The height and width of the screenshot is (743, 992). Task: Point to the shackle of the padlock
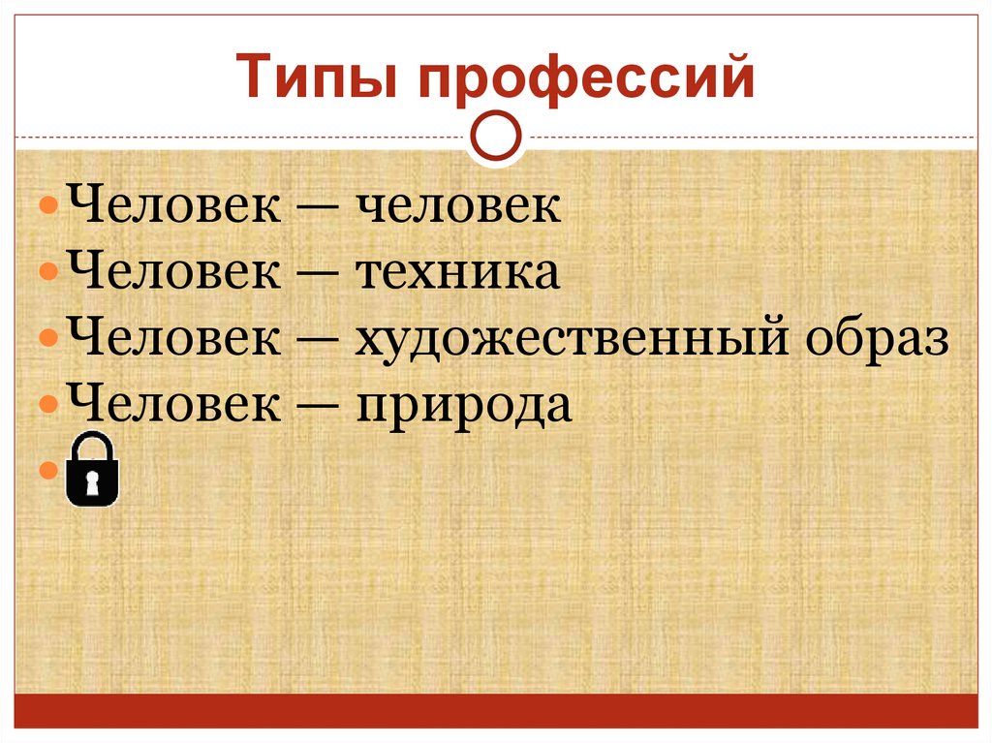[x=92, y=445]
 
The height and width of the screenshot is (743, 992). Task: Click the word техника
[x=458, y=273]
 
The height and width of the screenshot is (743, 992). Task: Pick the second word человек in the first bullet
[x=459, y=207]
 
